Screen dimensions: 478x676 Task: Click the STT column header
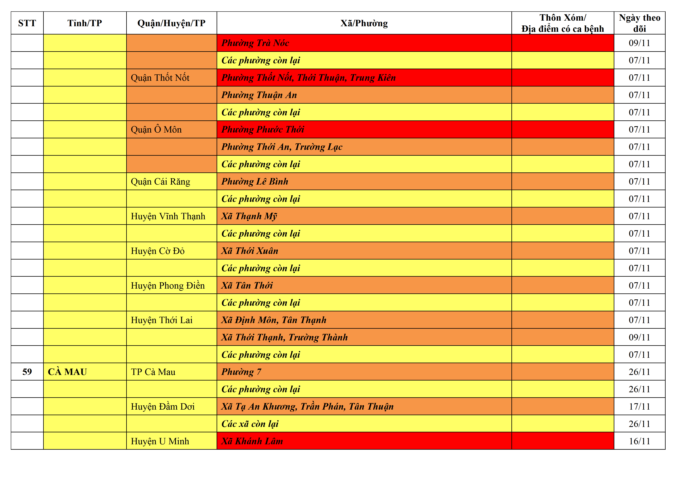27,23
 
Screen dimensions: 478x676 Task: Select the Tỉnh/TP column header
85,23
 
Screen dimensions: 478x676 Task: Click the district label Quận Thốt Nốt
160,78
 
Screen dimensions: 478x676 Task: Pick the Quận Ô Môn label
156,129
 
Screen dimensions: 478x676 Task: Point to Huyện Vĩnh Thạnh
168,216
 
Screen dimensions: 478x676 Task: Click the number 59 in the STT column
27,372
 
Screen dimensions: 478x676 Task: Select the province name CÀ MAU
67,372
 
